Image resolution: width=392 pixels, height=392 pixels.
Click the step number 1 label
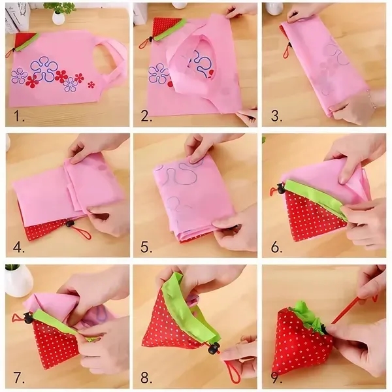click(20, 118)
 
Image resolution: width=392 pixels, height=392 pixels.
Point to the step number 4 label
click(20, 248)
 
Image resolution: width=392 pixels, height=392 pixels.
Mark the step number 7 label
click(19, 377)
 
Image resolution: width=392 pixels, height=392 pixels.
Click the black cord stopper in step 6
click(280, 190)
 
